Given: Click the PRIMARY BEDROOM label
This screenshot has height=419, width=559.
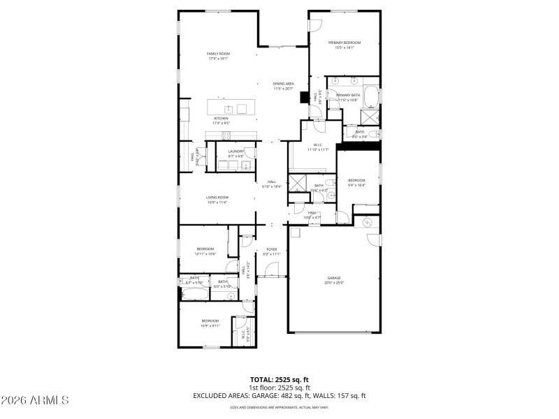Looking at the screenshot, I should click(344, 43).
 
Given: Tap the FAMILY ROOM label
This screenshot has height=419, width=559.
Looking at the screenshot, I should click(218, 54).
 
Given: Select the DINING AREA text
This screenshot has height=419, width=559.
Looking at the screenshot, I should click(284, 84).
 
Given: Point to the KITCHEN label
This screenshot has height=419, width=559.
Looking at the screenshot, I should click(221, 119).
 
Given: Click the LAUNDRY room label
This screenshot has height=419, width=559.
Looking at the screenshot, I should click(235, 151).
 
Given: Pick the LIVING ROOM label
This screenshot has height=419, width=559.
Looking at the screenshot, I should click(217, 198).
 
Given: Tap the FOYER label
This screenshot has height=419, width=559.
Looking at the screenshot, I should click(271, 249).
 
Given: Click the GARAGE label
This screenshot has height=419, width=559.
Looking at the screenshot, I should click(333, 278).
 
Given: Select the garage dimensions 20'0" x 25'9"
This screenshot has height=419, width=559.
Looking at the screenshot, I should click(333, 283).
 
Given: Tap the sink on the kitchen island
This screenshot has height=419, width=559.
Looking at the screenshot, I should click(228, 109).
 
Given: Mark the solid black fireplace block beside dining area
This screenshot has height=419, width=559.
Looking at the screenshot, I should click(304, 98).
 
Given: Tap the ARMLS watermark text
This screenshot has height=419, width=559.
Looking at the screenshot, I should click(35, 401).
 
